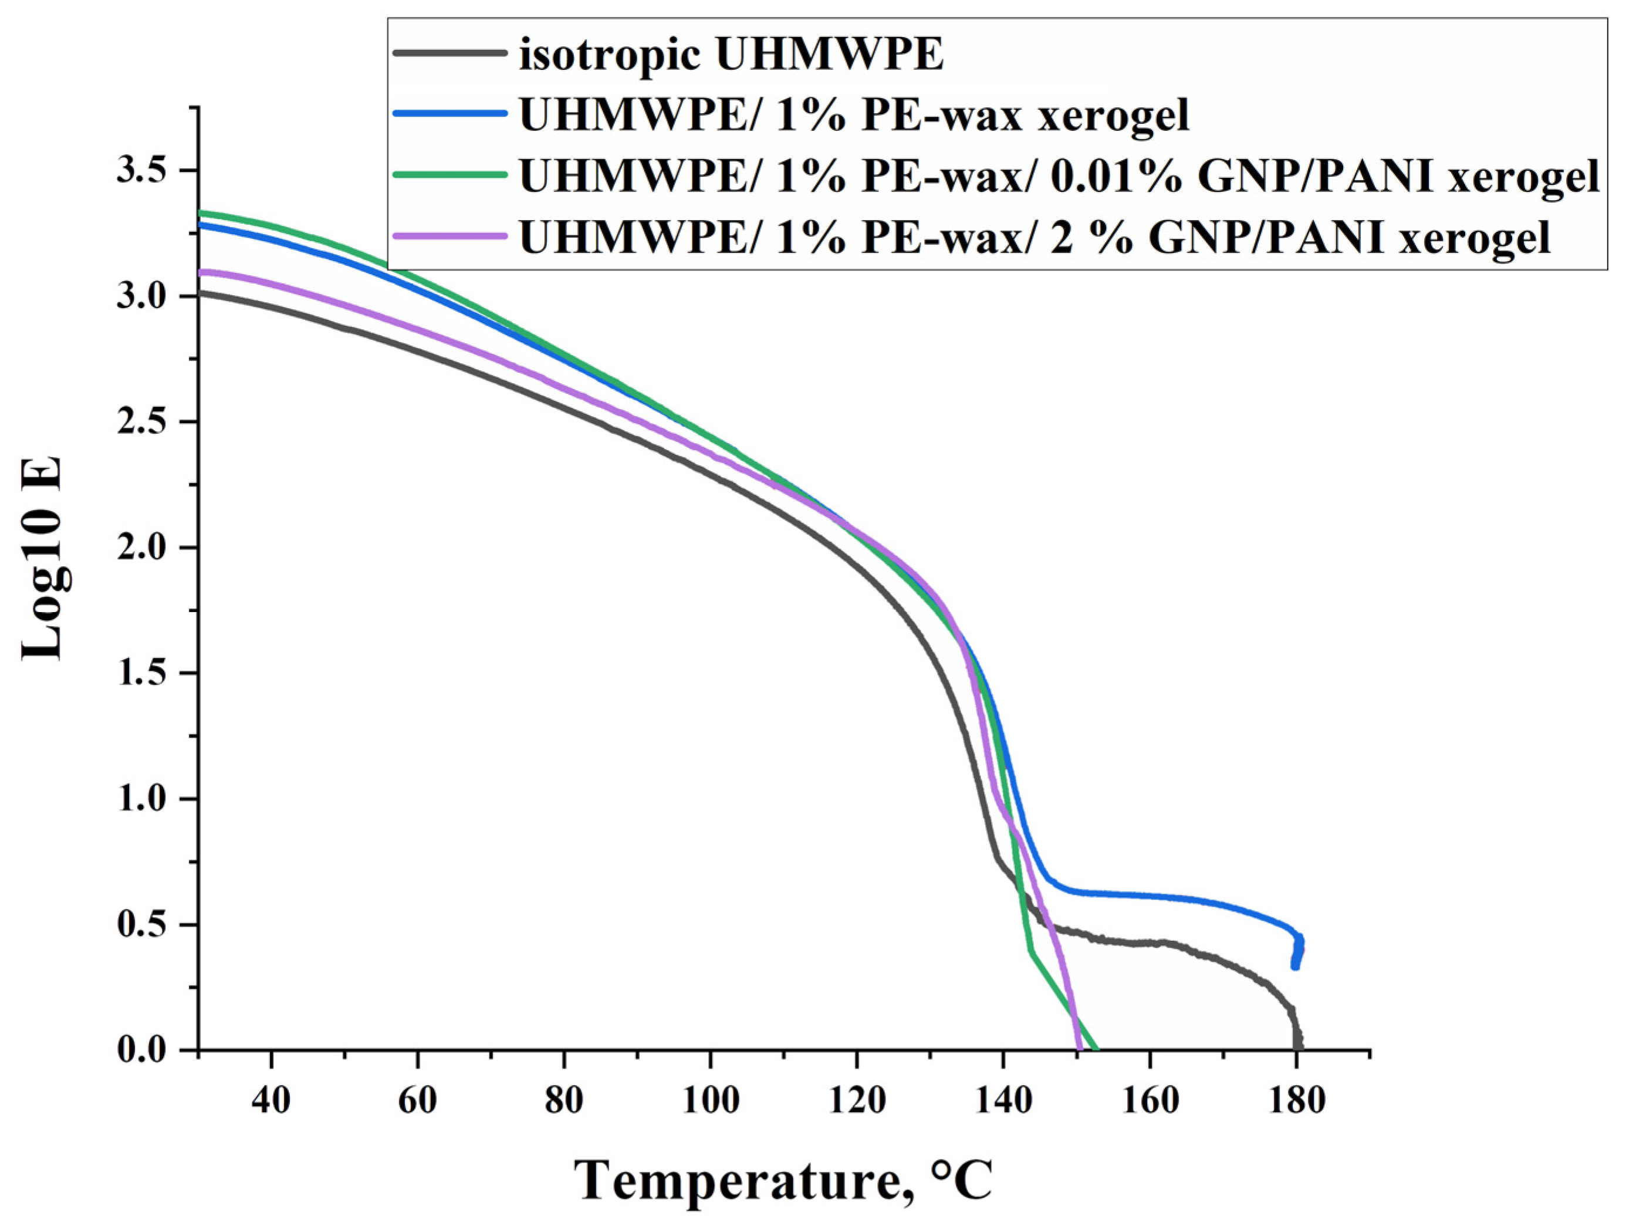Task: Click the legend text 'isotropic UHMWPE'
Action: [731, 55]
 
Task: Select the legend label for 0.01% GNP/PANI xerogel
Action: [1059, 177]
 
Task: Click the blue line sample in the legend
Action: [450, 114]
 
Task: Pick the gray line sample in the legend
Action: [450, 53]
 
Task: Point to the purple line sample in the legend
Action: [450, 236]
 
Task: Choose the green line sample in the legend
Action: [450, 175]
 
